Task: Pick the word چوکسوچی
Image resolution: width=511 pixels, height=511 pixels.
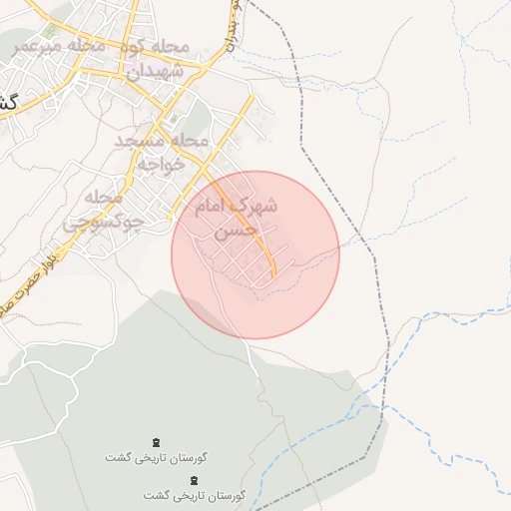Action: pos(104,223)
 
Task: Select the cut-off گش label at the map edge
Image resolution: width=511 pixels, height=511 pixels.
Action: pos(8,102)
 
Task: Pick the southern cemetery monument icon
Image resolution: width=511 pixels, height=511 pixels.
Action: pos(194,480)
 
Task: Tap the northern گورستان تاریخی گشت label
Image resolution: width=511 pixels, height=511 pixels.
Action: pos(157,457)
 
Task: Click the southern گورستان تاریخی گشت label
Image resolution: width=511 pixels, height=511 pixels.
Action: pos(195,495)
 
